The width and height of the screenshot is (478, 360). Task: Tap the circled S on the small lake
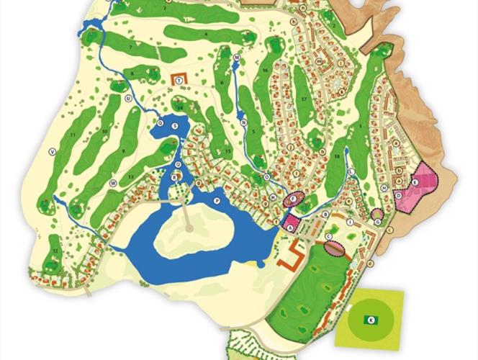click(175, 125)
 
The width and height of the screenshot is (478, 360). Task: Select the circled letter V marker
click(51, 151)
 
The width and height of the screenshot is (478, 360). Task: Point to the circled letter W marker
click(113, 184)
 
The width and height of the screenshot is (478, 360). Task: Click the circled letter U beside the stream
click(127, 99)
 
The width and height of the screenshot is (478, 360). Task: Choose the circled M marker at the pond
click(236, 56)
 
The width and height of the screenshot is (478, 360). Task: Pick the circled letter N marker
click(244, 123)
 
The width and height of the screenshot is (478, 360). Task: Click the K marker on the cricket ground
click(371, 318)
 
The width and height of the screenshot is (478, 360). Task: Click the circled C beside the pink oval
click(328, 236)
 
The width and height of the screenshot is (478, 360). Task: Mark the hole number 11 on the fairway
click(73, 135)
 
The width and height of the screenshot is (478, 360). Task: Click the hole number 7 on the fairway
click(130, 48)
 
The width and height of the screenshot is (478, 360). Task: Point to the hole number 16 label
click(266, 70)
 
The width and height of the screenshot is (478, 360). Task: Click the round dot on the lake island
click(189, 228)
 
